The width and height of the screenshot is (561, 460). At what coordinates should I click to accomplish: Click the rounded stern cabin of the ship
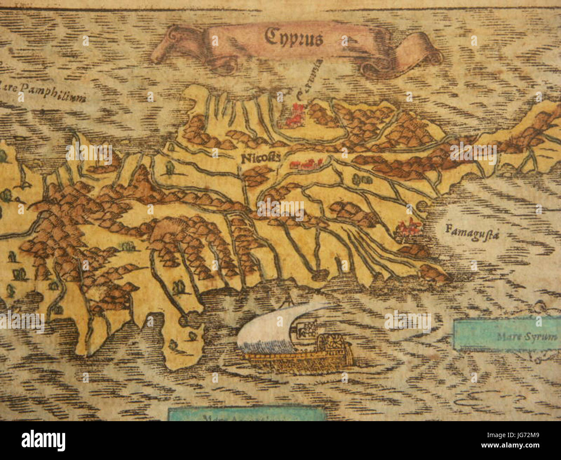(x=331, y=346)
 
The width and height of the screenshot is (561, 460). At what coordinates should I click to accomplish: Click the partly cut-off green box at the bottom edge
(x=246, y=415)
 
